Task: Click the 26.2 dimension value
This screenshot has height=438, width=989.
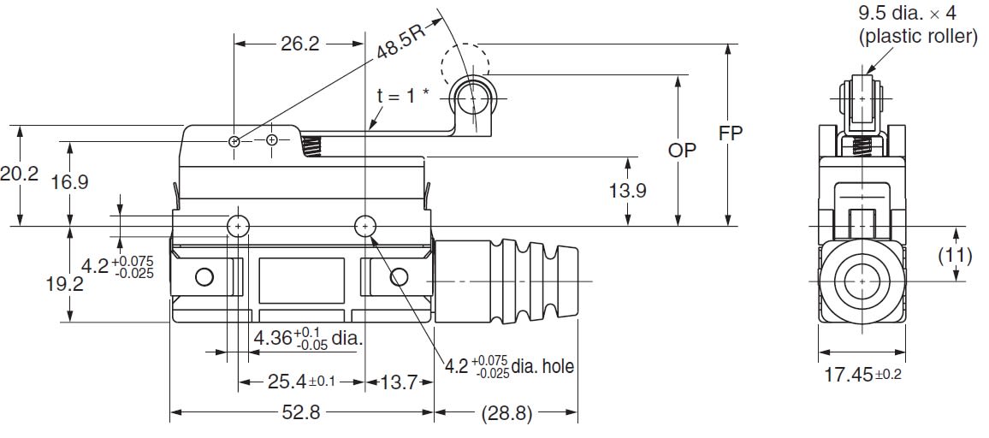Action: pyautogui.click(x=299, y=44)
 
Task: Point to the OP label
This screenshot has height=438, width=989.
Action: pyautogui.click(x=682, y=151)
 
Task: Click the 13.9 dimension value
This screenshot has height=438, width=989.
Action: pyautogui.click(x=628, y=191)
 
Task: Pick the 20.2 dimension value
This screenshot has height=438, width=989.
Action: pyautogui.click(x=20, y=174)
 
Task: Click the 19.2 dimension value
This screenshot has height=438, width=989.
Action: pyautogui.click(x=65, y=283)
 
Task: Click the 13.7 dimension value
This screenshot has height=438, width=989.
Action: pyautogui.click(x=400, y=382)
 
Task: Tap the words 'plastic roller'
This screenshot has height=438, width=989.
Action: pyautogui.click(x=917, y=37)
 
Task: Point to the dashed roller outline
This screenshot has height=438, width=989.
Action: pyautogui.click(x=465, y=62)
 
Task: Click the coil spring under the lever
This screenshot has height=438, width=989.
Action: pyautogui.click(x=314, y=147)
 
